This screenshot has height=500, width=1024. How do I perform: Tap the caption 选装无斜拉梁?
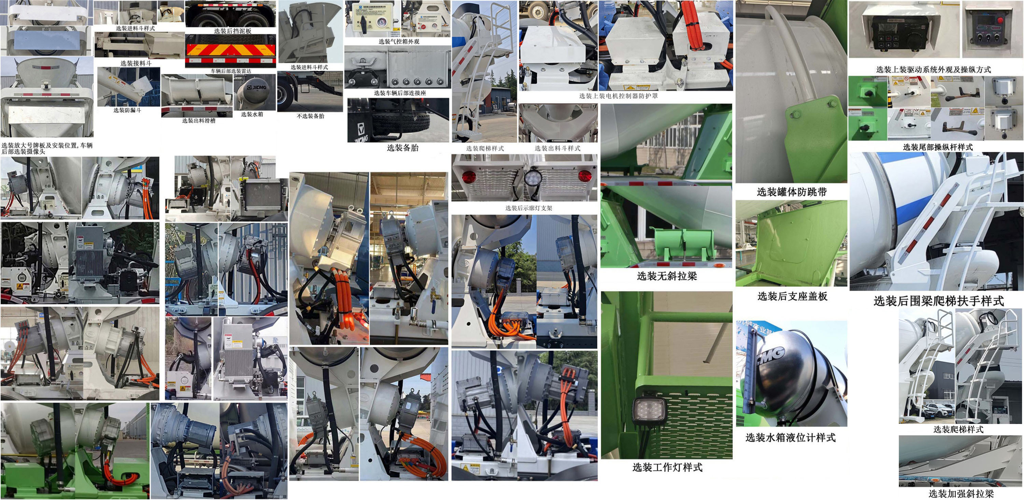click(667, 276)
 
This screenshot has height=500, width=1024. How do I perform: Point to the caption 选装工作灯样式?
click(667, 468)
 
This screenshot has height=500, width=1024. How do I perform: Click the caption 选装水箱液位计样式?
click(790, 438)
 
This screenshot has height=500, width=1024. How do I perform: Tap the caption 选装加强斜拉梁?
click(961, 494)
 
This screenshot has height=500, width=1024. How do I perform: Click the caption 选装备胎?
click(402, 148)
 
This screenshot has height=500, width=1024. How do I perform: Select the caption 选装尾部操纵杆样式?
click(937, 147)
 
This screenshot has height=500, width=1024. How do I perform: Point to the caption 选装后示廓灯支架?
click(528, 208)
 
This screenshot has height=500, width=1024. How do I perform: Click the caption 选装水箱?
click(252, 114)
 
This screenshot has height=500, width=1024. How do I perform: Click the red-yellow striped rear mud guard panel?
click(230, 50)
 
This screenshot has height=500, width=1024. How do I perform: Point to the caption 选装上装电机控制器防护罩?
click(618, 96)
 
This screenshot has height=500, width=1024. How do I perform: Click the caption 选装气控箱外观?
click(398, 41)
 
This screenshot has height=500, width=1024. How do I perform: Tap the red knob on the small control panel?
click(1000, 20)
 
